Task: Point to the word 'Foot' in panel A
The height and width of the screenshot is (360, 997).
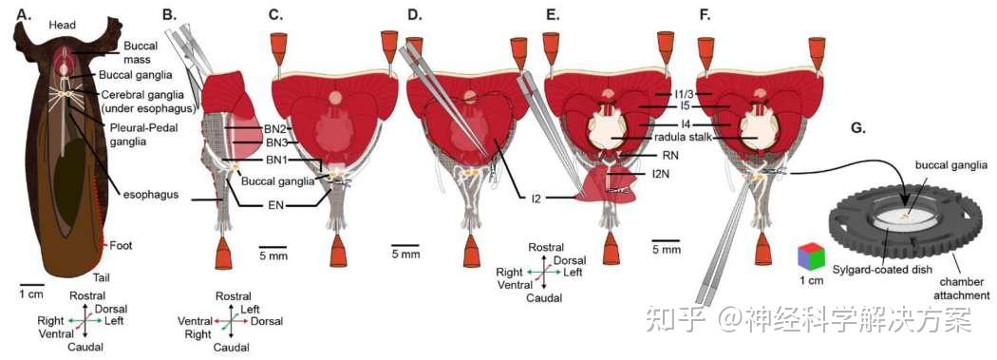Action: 122,244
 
